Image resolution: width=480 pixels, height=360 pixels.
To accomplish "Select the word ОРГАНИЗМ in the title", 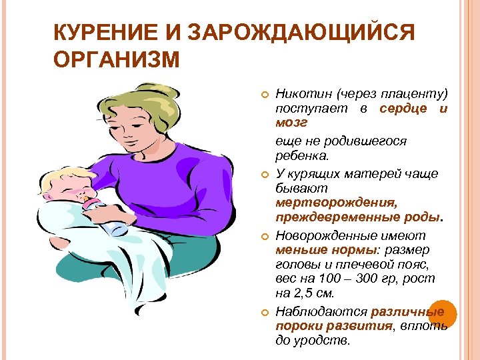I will (x=117, y=61).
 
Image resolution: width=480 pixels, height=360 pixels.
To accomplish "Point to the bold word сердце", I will (x=403, y=109).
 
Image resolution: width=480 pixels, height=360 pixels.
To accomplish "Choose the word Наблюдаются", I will (x=321, y=311).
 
